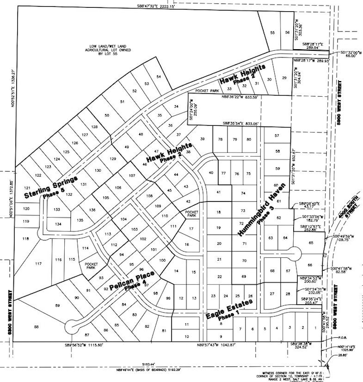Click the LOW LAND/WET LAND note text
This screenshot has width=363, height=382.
coord(116,50)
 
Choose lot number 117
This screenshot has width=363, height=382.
coord(38,263)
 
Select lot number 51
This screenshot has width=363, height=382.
coord(122,102)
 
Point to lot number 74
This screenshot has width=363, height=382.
coord(242,193)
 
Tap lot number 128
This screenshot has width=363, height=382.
coord(94,128)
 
